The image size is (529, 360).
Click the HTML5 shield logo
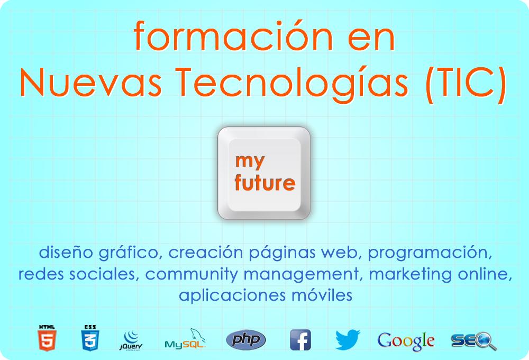coord(47,338)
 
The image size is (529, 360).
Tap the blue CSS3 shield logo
coord(90,338)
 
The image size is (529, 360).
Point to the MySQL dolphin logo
coord(185,338)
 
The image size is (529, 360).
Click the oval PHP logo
coord(246,339)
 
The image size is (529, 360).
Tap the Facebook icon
coord(300,340)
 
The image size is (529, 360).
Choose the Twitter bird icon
coord(348,339)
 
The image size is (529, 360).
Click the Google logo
coord(406,341)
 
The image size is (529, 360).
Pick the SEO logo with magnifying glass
coord(473,341)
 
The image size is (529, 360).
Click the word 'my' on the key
coord(250,161)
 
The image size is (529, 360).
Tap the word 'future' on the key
coord(265,183)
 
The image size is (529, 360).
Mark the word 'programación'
coord(430,253)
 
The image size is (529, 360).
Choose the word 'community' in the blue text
coord(191,275)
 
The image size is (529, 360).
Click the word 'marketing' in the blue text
coord(411,275)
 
